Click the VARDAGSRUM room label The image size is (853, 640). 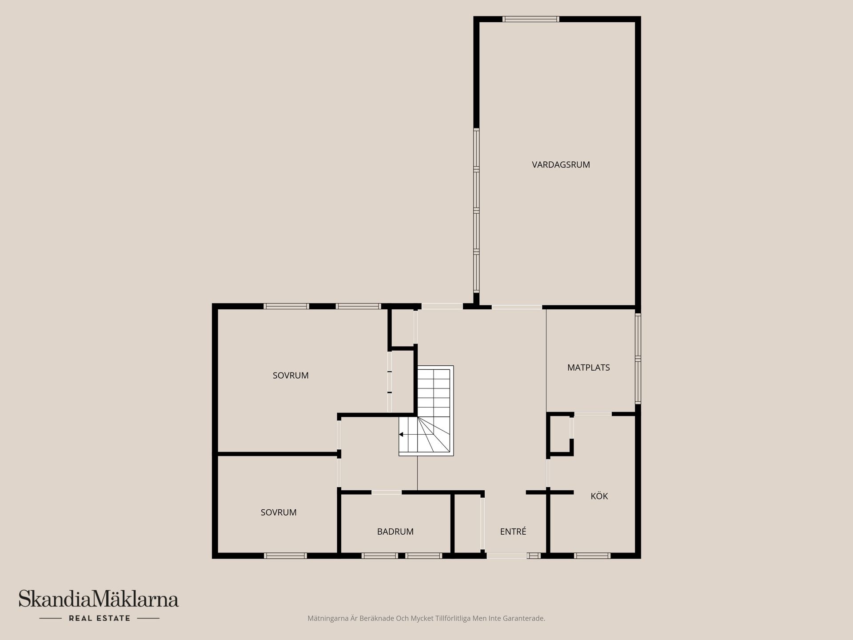click(x=561, y=164)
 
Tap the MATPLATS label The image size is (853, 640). click(x=588, y=368)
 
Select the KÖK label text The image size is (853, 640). click(x=599, y=496)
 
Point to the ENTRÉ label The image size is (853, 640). click(x=513, y=532)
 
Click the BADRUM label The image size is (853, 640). click(x=395, y=532)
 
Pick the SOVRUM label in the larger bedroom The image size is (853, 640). click(x=291, y=376)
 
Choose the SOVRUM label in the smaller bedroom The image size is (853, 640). click(x=279, y=512)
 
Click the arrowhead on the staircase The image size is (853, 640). click(x=401, y=434)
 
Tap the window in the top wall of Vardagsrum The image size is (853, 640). click(x=530, y=19)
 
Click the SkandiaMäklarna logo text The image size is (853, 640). click(x=99, y=599)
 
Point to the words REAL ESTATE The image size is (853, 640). click(x=100, y=618)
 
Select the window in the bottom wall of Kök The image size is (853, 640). click(x=592, y=556)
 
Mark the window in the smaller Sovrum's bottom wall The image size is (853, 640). click(x=285, y=556)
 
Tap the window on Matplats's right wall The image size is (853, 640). click(x=638, y=358)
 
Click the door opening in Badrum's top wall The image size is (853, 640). click(x=386, y=492)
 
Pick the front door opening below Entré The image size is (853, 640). click(x=506, y=556)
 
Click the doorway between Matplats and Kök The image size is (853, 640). click(x=593, y=414)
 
